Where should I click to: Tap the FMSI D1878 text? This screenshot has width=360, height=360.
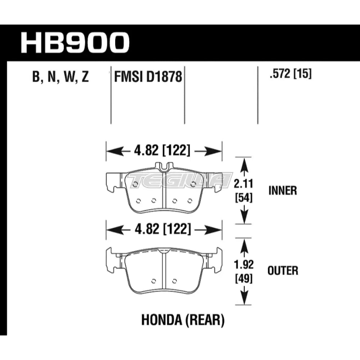pyautogui.click(x=148, y=77)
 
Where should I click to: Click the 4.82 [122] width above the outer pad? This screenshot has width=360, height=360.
pyautogui.click(x=163, y=229)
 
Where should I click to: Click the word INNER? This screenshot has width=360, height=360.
pyautogui.click(x=283, y=191)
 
